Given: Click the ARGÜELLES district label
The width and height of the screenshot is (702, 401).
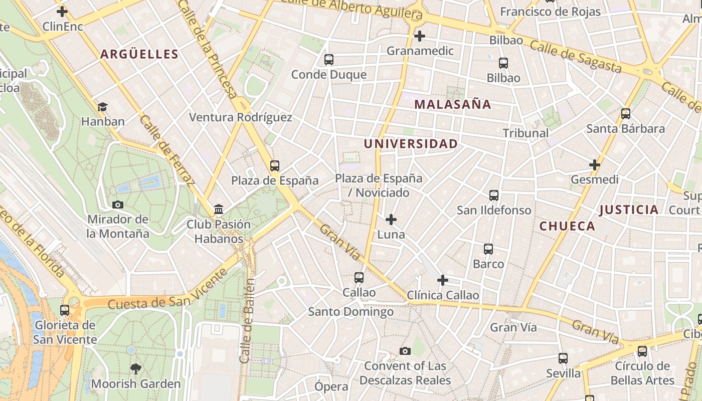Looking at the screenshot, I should point(139,54).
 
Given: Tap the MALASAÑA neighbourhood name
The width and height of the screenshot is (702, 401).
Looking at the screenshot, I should point(453,104).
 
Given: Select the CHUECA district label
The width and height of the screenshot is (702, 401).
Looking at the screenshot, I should point(567,226).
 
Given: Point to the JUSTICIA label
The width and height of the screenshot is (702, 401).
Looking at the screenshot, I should point(629,210).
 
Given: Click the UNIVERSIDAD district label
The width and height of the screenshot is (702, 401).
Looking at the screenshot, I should point(411,144).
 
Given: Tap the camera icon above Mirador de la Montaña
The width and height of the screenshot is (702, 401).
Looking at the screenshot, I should point(118,205).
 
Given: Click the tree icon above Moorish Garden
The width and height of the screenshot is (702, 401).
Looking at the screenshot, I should point(135,369).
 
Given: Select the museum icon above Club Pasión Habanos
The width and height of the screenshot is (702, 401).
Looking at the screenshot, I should point(219,209).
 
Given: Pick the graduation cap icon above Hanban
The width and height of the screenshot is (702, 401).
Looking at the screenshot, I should point(103,107).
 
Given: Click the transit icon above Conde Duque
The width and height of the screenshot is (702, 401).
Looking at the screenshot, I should point(329,60).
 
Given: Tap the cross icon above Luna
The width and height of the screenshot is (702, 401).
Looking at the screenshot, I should point(391,220).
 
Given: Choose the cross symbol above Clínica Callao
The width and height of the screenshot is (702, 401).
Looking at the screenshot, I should point(442,280).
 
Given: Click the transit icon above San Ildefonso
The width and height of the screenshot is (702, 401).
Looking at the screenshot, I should point(494,195).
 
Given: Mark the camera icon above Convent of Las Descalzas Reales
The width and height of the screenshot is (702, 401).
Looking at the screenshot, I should point(405,351).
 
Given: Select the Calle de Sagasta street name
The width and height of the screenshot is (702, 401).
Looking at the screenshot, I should point(576,57).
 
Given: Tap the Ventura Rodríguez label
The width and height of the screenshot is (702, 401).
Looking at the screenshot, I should point(240,117).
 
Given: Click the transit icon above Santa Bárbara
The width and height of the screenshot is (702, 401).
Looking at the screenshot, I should point(626,114).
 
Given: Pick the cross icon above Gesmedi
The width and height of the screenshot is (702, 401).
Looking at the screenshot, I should point(595,165).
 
